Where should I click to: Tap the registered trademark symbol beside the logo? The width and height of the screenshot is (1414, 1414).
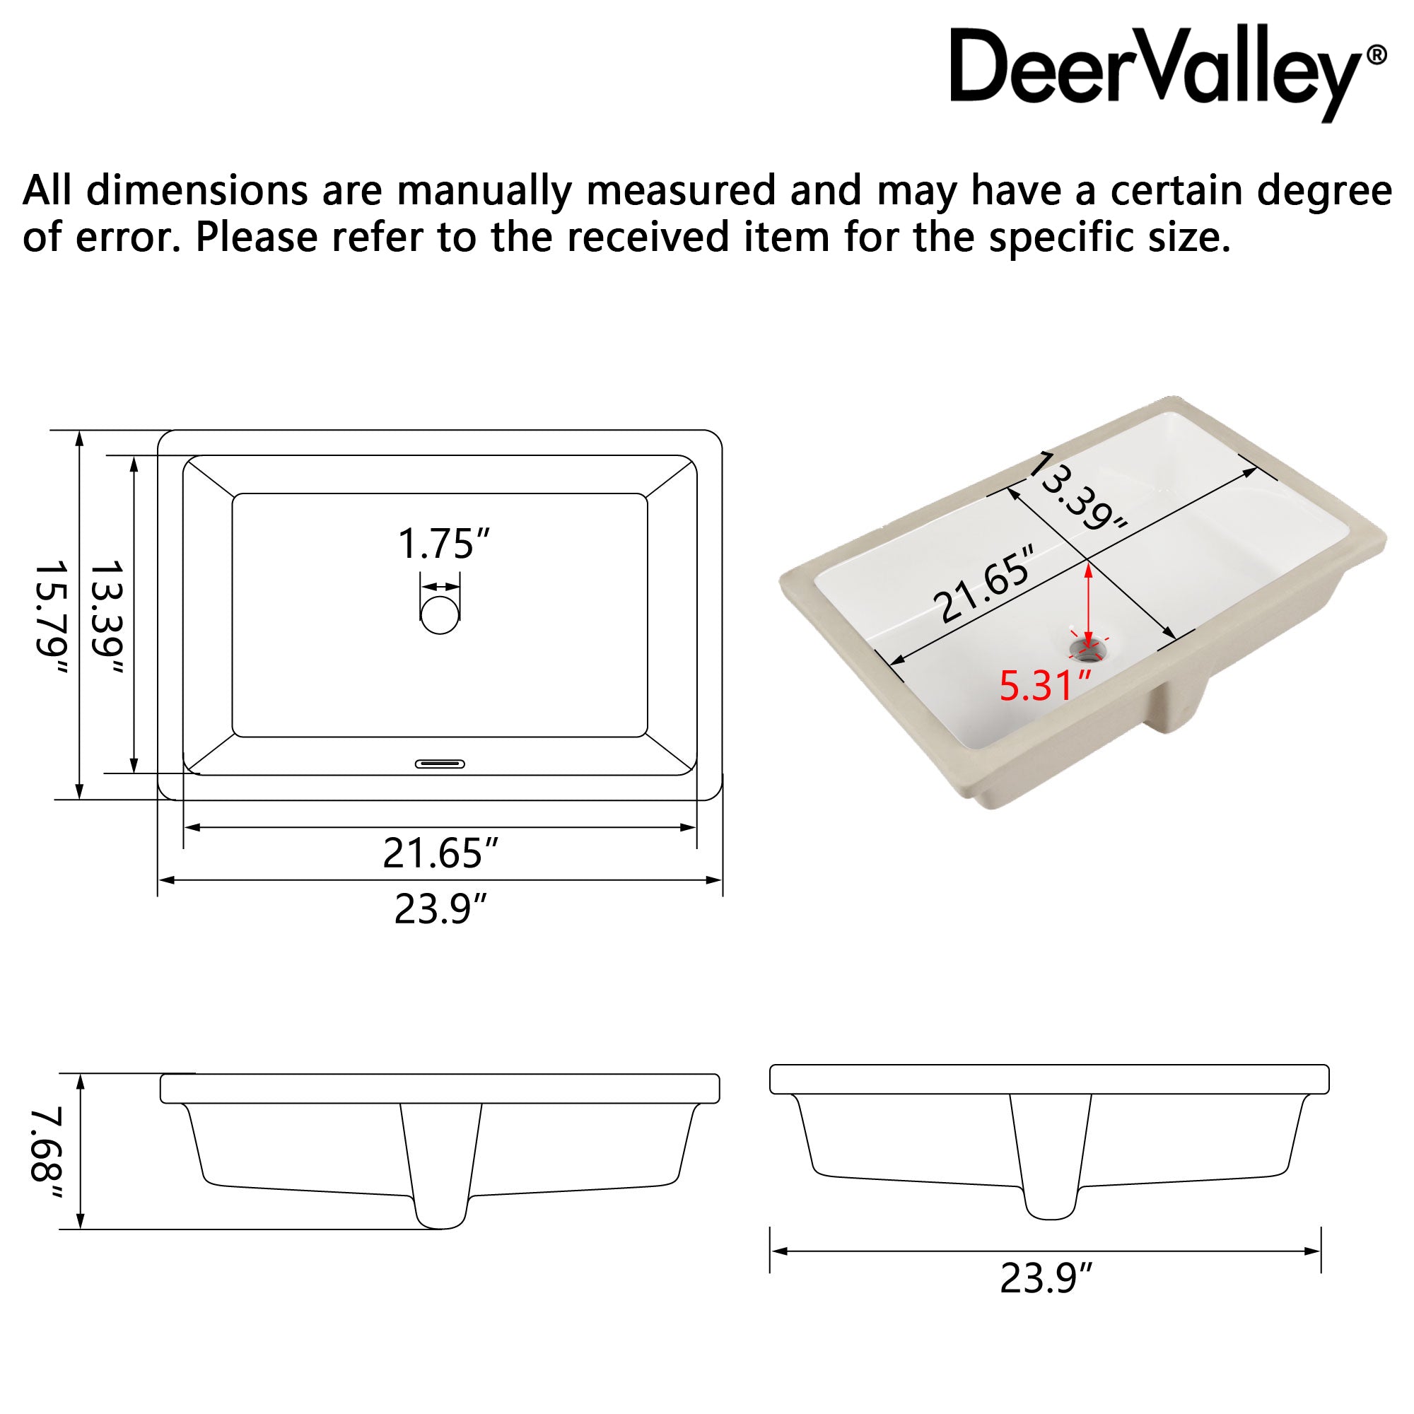1376,56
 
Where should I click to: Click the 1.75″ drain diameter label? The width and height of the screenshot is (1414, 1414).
443,544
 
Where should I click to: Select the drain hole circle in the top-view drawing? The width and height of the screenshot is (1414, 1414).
440,614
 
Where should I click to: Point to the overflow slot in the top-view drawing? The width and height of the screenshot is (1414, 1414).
440,764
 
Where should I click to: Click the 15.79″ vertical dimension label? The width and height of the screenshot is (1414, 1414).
53,618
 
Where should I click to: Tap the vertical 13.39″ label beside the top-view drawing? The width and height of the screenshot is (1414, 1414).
107,618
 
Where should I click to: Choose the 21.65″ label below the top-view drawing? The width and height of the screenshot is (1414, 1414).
440,853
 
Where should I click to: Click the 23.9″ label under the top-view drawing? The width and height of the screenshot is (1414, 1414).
440,910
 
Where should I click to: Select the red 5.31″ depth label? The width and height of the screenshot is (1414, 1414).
1045,686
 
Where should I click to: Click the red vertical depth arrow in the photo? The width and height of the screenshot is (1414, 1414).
1088,604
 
